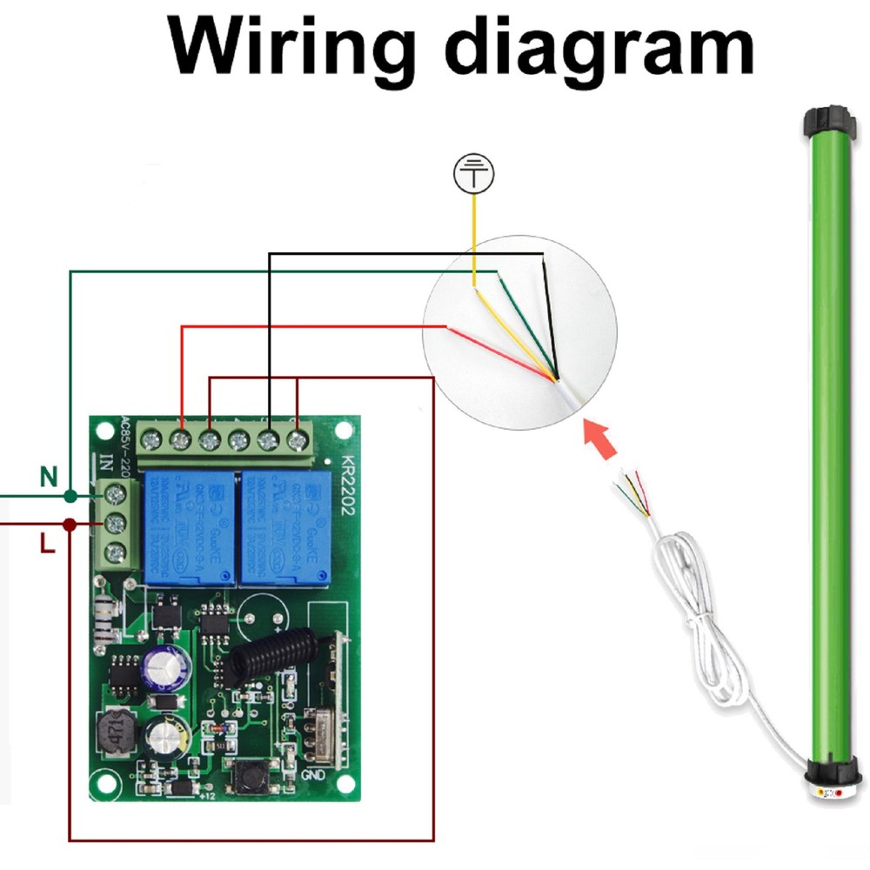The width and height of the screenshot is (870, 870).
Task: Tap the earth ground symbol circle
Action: point(473,176)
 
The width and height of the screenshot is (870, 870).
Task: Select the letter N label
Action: point(49,476)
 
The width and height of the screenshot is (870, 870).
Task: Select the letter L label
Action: point(48,546)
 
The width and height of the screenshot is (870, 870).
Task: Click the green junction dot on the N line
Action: point(70,496)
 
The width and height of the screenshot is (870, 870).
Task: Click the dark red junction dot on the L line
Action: point(69,524)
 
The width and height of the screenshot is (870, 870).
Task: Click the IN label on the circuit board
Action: point(106,463)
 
